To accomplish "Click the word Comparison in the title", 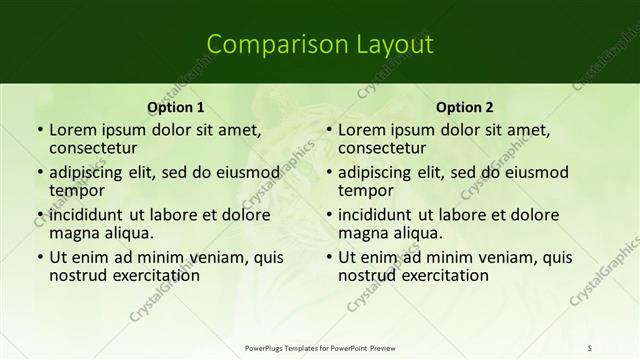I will point(265,45).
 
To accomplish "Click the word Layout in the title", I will point(390,45).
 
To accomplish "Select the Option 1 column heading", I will point(176,107).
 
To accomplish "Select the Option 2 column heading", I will point(465,107).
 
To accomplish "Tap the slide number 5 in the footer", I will point(590,346).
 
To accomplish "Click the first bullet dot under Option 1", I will point(40,130).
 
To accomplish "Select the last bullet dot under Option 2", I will point(329,257).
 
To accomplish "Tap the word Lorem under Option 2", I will point(360,130).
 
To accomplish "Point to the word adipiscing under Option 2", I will point(376,172).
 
